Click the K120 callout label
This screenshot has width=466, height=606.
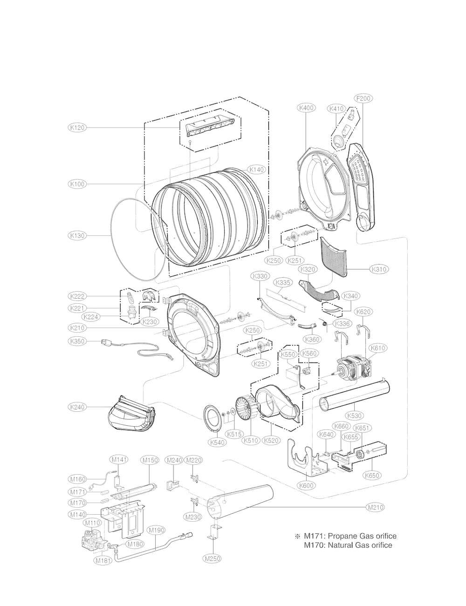coord(77,127)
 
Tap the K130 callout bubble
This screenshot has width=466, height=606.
coord(77,236)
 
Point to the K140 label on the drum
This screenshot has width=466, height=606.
coord(256,170)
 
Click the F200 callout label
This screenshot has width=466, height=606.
coord(363,99)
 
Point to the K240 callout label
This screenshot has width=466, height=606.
coord(77,407)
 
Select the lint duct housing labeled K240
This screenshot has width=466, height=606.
coord(130,414)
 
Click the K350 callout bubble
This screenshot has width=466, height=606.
coord(77,341)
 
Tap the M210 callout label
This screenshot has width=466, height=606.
coord(376,507)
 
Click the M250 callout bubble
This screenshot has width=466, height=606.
coord(212,558)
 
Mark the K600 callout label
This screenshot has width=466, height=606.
coord(306,485)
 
